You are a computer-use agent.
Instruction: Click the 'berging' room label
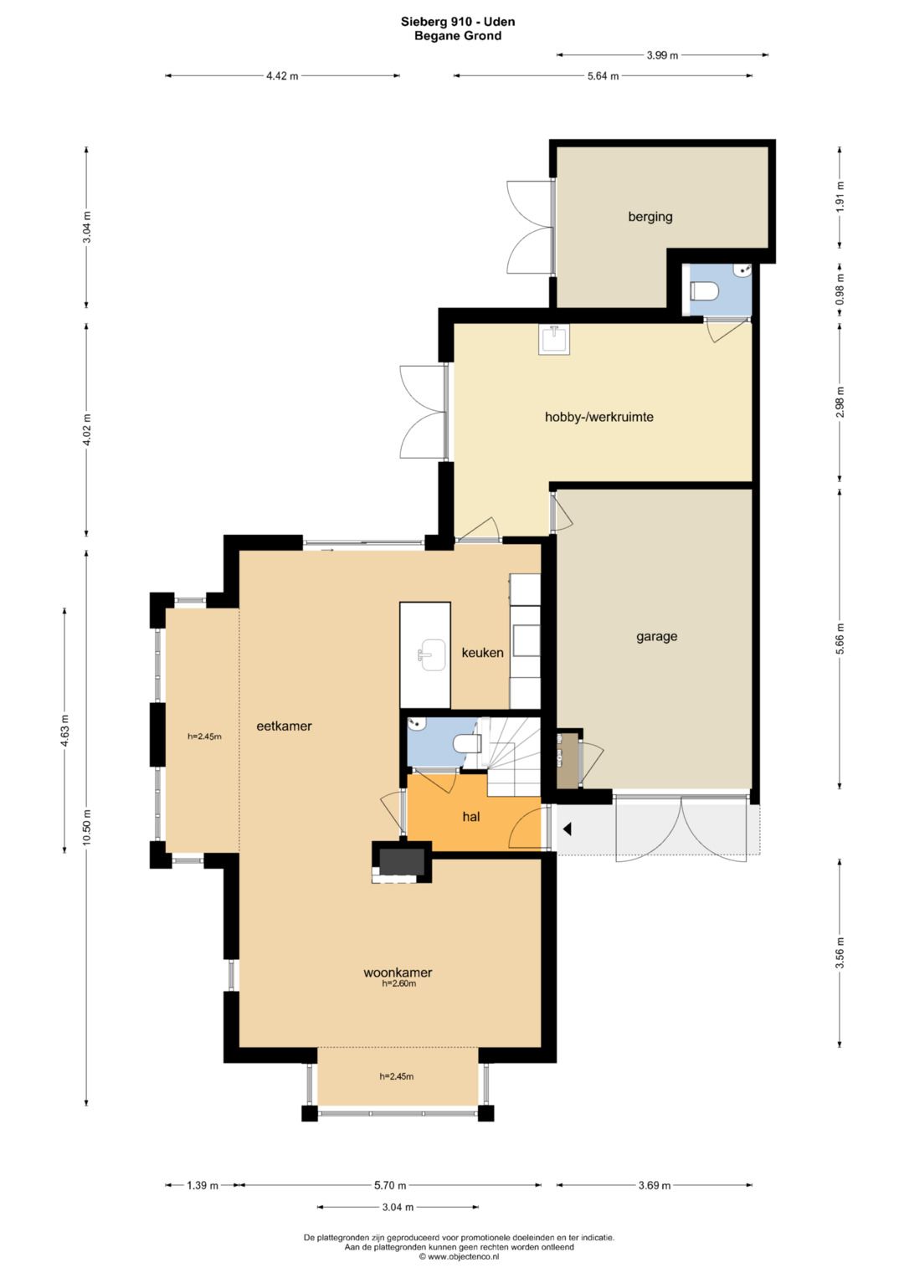point(650,217)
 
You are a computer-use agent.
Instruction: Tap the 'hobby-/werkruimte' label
point(598,417)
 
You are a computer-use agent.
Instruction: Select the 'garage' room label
point(657,636)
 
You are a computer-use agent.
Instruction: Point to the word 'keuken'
point(482,653)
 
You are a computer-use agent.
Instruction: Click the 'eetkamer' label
point(285,726)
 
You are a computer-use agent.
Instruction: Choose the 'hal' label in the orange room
point(470,817)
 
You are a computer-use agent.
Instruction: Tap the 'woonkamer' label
point(398,973)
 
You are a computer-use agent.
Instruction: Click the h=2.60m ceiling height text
point(399,983)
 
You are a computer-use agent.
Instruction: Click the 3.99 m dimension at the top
point(662,55)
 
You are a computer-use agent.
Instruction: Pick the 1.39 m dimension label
point(203,1186)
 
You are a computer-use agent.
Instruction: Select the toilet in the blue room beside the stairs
point(467,744)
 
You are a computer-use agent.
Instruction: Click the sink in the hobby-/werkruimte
point(554,340)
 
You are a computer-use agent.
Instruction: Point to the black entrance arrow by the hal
point(568,829)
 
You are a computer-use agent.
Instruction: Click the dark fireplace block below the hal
point(403,861)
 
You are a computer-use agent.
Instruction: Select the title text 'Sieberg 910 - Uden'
point(458,23)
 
